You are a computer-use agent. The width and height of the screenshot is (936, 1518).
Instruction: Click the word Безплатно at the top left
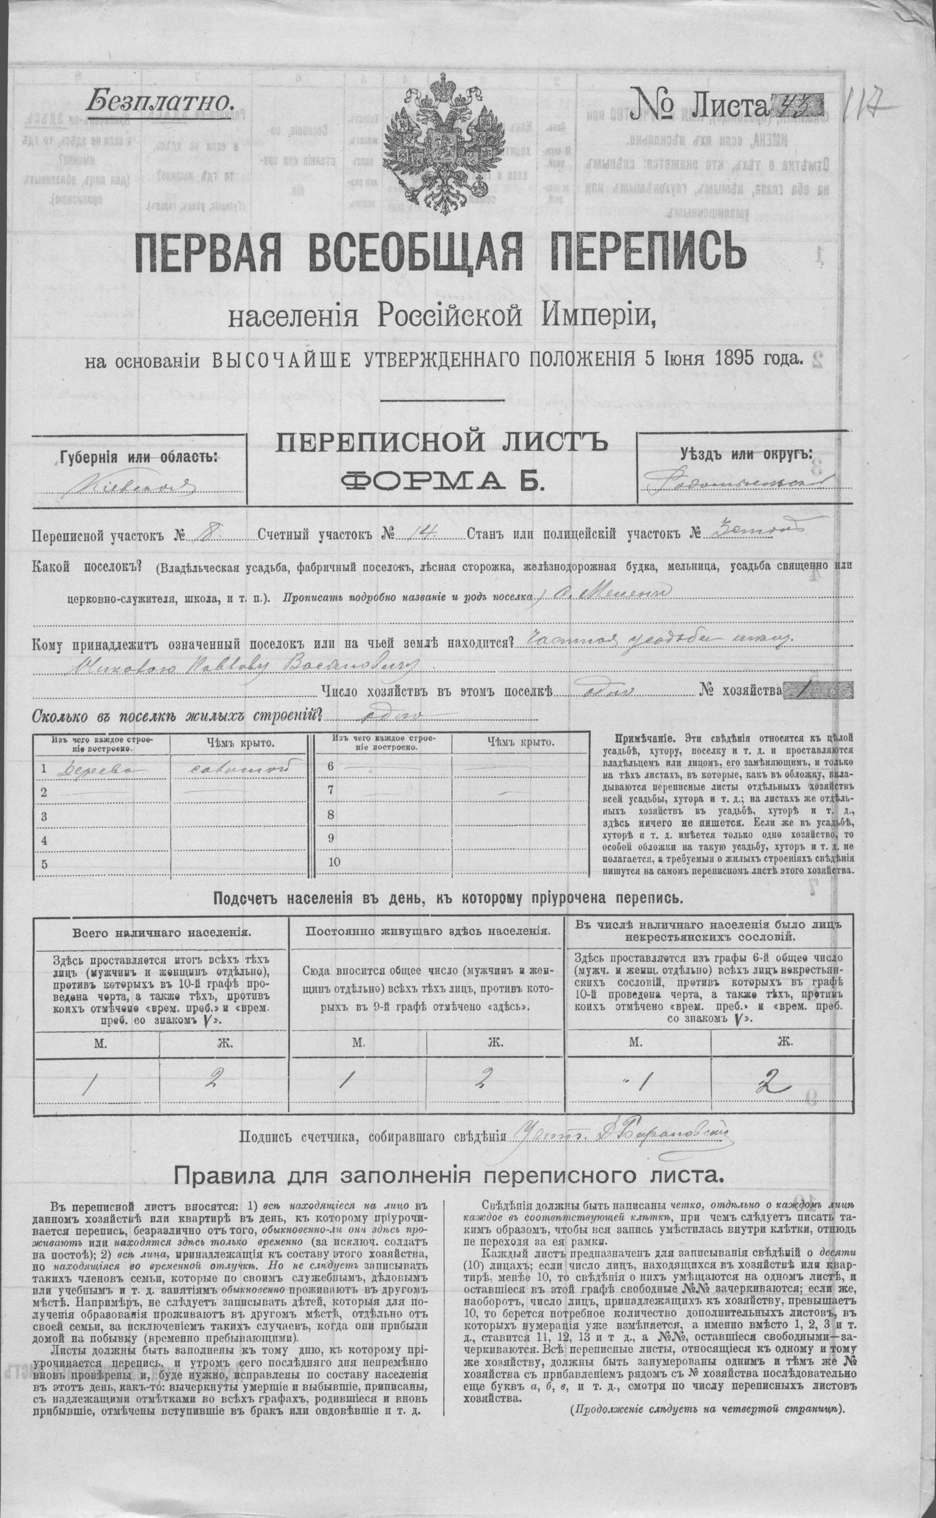click(161, 99)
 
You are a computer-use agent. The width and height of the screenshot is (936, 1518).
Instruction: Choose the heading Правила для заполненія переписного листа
click(439, 1173)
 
